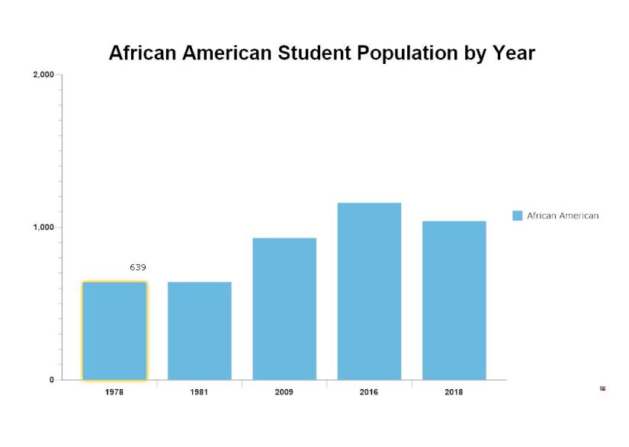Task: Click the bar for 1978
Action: pyautogui.click(x=114, y=330)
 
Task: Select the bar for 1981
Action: pyautogui.click(x=199, y=330)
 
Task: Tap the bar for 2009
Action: pyautogui.click(x=284, y=308)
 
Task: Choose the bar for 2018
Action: pyautogui.click(x=454, y=300)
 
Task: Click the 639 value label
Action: pyautogui.click(x=138, y=267)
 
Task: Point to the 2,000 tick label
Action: pyautogui.click(x=43, y=75)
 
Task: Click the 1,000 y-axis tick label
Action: pyautogui.click(x=43, y=227)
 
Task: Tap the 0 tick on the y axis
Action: pyautogui.click(x=52, y=380)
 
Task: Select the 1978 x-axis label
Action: pyautogui.click(x=114, y=392)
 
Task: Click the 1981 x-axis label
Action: pyautogui.click(x=199, y=392)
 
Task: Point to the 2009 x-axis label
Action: pyautogui.click(x=284, y=392)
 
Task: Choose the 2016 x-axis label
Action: pyautogui.click(x=369, y=392)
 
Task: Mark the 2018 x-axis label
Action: pyautogui.click(x=454, y=392)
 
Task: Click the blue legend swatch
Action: pyautogui.click(x=518, y=216)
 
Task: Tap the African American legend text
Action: pyautogui.click(x=563, y=216)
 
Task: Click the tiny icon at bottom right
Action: pyautogui.click(x=602, y=388)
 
